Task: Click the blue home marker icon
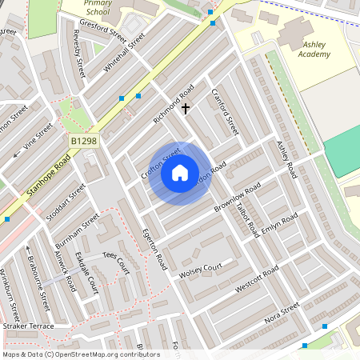pyautogui.click(x=180, y=172)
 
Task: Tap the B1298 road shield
pyautogui.click(x=83, y=141)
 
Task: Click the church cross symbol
pyautogui.click(x=186, y=107)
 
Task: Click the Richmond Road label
pyautogui.click(x=174, y=103)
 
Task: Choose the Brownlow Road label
pyautogui.click(x=238, y=199)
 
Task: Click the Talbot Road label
pyautogui.click(x=247, y=215)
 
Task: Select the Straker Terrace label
pyautogui.click(x=27, y=326)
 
